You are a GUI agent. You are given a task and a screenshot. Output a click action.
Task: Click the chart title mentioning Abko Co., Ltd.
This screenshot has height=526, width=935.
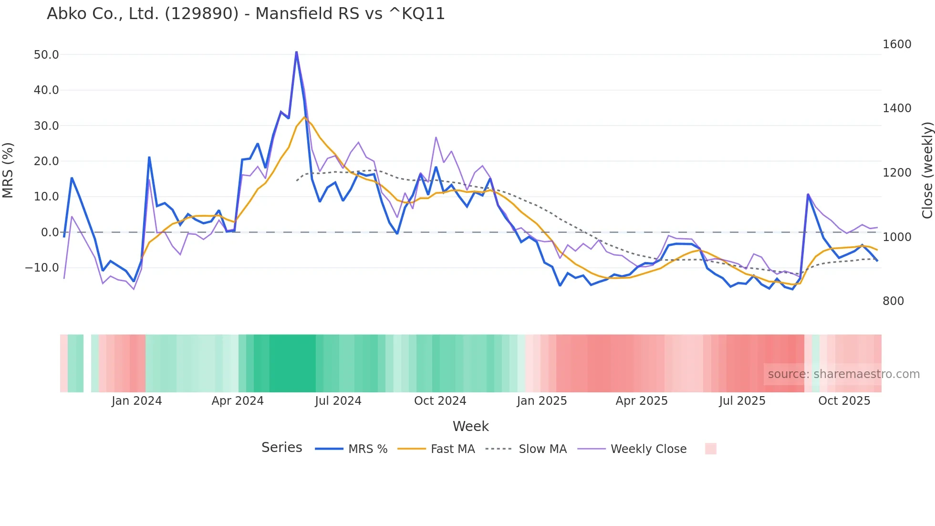click(x=246, y=14)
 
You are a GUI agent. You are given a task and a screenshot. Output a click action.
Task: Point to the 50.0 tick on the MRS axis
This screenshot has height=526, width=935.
click(x=46, y=55)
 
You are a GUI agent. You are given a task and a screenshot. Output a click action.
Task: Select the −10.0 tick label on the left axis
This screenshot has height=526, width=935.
click(x=42, y=268)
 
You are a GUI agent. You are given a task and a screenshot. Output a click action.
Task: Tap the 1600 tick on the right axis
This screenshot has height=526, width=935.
click(x=897, y=44)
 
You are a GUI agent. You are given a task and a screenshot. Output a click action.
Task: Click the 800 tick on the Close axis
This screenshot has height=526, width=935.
click(x=893, y=301)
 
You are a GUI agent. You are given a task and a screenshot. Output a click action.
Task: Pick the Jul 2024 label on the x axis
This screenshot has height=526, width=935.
click(x=338, y=401)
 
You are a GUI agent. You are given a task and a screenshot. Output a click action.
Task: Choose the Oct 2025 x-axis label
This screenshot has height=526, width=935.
click(x=844, y=401)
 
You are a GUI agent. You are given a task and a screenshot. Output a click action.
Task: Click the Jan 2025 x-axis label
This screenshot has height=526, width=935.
click(x=541, y=401)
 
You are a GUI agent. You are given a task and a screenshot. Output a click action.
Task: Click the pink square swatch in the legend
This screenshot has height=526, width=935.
click(x=710, y=449)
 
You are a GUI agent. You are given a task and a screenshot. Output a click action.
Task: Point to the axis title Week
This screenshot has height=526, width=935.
click(x=470, y=426)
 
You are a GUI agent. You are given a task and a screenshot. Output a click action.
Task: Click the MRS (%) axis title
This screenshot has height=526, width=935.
click(x=8, y=170)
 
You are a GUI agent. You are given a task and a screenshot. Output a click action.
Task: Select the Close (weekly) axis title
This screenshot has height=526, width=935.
click(x=927, y=170)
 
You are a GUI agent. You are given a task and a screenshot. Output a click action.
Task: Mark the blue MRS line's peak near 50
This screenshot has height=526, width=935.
click(x=296, y=52)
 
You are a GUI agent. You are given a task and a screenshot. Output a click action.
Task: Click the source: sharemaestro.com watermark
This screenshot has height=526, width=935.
click(x=843, y=374)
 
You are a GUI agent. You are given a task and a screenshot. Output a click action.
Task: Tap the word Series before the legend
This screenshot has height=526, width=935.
click(x=281, y=448)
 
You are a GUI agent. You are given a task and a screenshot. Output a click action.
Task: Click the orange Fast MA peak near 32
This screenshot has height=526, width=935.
click(x=304, y=117)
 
